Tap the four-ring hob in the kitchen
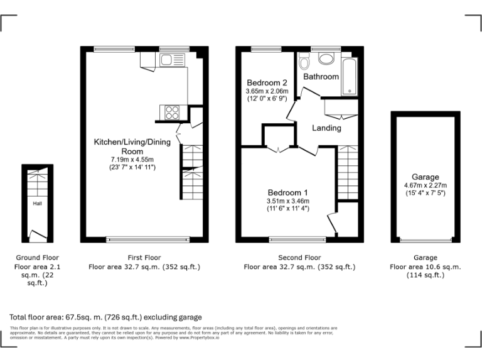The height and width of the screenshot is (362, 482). pos(171,113)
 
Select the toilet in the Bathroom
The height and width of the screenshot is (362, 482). pos(304,62)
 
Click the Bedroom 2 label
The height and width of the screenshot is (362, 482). pos(267,83)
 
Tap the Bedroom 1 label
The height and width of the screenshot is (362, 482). pos(288,192)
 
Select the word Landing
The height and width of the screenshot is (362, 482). pos(327,128)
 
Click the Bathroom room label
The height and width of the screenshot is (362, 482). pos(321,77)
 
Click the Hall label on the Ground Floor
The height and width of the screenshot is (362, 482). pos(38,204)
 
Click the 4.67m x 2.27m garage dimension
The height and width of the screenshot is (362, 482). pos(425,185)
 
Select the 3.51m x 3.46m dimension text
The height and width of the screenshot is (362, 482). pos(288,201)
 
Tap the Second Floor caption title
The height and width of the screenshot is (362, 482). pos(299,258)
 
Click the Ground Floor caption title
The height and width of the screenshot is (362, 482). pos(36,258)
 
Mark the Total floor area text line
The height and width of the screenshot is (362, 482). pos(105,317)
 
